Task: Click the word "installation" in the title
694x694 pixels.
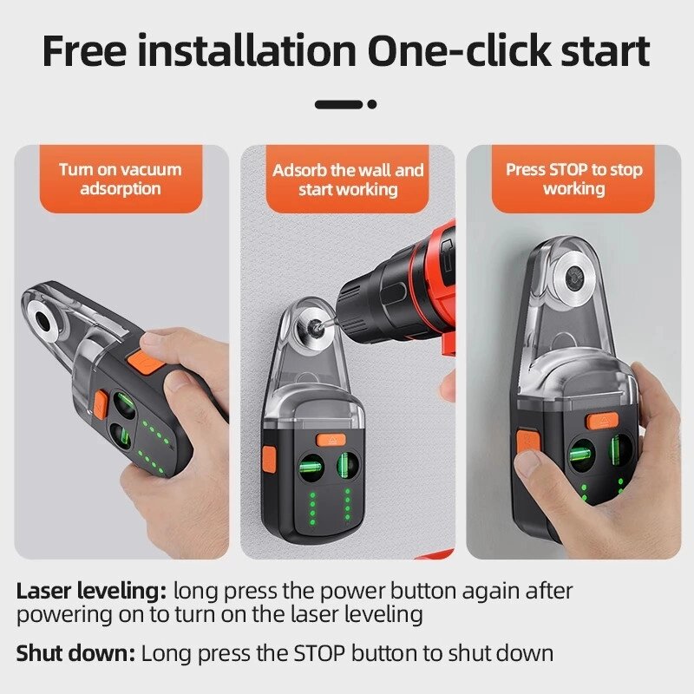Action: [246, 51]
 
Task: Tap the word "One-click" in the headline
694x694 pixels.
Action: [459, 51]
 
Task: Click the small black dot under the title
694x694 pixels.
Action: [372, 104]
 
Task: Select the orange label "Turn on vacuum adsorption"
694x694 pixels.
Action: [121, 179]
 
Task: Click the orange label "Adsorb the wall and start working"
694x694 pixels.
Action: [348, 179]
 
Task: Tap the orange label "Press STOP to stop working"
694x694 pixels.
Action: [573, 179]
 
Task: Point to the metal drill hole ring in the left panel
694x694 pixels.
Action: [43, 319]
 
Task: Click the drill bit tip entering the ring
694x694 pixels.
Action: [317, 327]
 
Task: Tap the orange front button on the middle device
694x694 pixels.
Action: [331, 440]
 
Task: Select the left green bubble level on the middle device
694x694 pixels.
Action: [312, 468]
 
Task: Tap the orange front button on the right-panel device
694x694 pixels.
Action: [602, 421]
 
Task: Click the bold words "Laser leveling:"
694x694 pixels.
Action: [92, 592]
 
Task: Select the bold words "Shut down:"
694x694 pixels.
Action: [75, 653]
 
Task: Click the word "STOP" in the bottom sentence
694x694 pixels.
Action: [319, 653]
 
